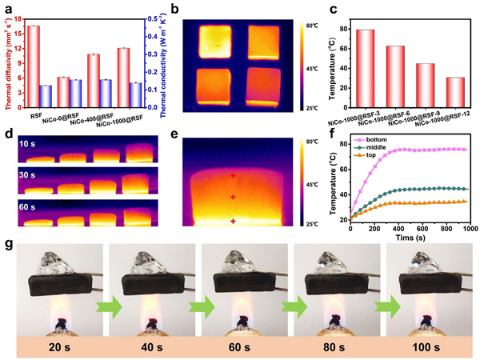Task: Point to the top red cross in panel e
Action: coord(233,175)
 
